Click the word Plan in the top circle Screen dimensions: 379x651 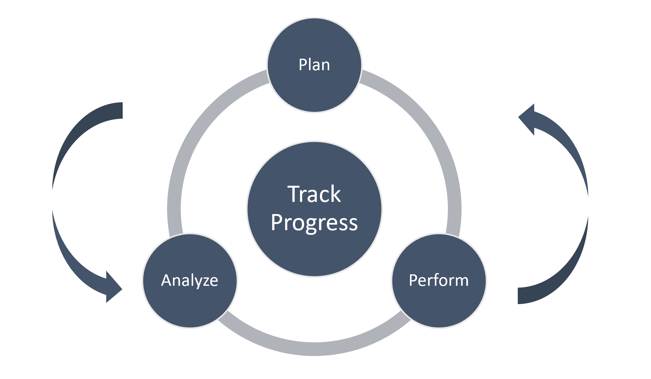(x=314, y=65)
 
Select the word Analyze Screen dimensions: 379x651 (x=189, y=280)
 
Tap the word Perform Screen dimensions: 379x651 (x=439, y=280)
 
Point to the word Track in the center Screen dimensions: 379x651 (x=314, y=194)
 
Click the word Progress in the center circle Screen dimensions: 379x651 (x=314, y=223)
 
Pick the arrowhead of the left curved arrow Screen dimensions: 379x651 (x=112, y=288)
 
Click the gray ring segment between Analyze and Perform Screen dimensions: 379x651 (x=314, y=349)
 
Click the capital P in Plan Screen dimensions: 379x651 (x=303, y=65)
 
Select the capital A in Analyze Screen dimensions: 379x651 (x=167, y=280)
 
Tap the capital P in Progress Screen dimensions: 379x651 (x=277, y=222)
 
